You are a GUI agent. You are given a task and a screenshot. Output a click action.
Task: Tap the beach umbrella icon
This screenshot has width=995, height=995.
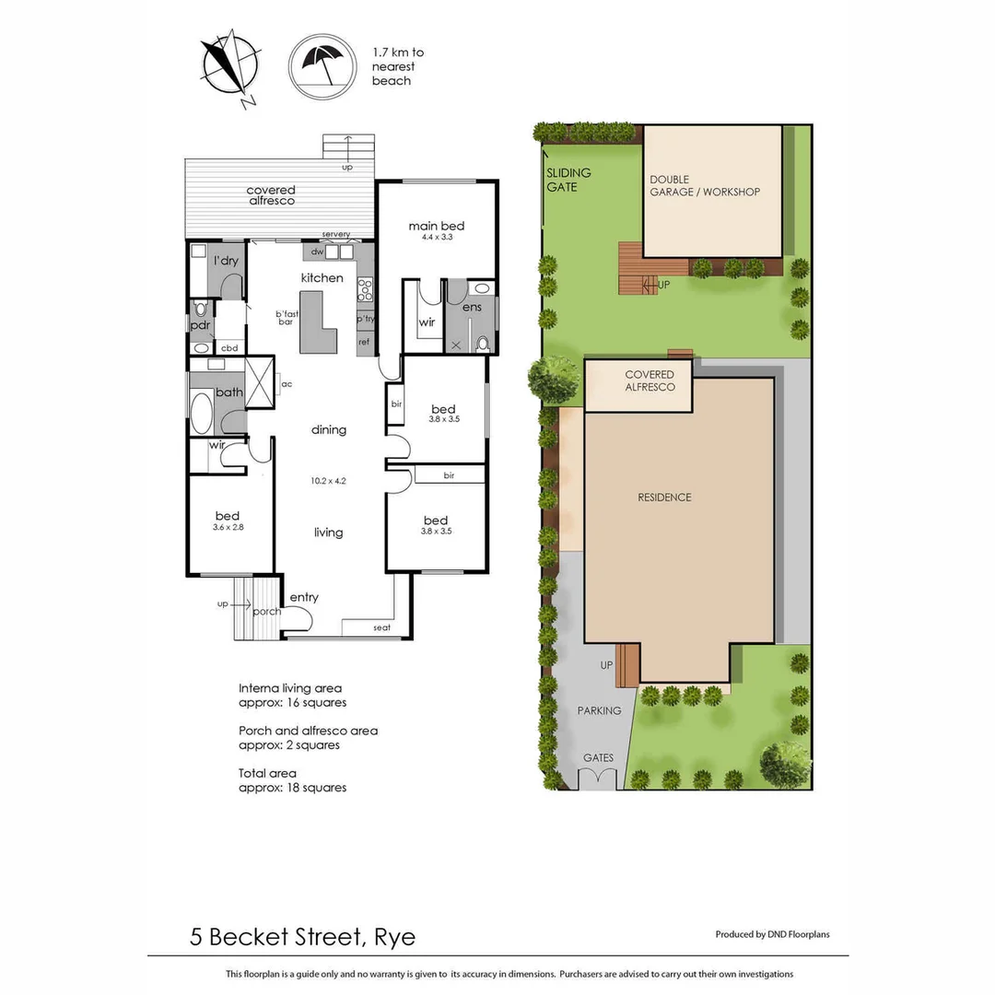322,64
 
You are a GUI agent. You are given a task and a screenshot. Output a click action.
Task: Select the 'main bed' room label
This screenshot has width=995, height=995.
436,226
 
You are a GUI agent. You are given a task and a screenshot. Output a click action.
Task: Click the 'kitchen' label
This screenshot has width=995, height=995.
322,277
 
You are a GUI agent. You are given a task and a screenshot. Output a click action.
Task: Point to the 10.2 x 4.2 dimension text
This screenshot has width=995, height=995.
328,481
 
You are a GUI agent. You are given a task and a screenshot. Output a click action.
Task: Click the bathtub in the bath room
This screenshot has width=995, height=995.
201,412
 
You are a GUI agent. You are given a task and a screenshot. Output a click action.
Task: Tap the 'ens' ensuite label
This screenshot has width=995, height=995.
472,306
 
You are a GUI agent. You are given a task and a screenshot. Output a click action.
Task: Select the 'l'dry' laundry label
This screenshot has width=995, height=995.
226,261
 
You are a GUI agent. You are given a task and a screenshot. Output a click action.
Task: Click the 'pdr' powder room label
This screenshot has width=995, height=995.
201,325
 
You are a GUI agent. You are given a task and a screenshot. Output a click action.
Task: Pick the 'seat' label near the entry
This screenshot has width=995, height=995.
382,627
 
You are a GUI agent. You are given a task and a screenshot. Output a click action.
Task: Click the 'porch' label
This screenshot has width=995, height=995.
266,611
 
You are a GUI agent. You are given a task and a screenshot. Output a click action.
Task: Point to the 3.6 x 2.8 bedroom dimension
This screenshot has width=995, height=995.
227,528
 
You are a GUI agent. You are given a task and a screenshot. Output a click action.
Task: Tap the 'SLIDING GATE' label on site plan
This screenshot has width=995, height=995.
568,180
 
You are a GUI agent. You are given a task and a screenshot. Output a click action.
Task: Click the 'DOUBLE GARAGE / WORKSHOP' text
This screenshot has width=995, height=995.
704,186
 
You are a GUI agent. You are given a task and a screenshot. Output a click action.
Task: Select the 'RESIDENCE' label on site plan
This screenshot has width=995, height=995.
664,497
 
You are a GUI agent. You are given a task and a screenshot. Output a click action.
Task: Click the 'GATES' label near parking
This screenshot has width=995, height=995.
598,758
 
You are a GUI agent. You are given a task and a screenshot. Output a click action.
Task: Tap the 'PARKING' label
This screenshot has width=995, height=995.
599,710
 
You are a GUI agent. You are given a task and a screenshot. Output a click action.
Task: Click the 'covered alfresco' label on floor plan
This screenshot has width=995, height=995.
271,195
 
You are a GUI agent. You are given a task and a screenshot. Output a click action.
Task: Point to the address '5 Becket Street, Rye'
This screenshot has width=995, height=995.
302,938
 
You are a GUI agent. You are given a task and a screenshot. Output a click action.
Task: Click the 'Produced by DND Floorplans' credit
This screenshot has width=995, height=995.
772,934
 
